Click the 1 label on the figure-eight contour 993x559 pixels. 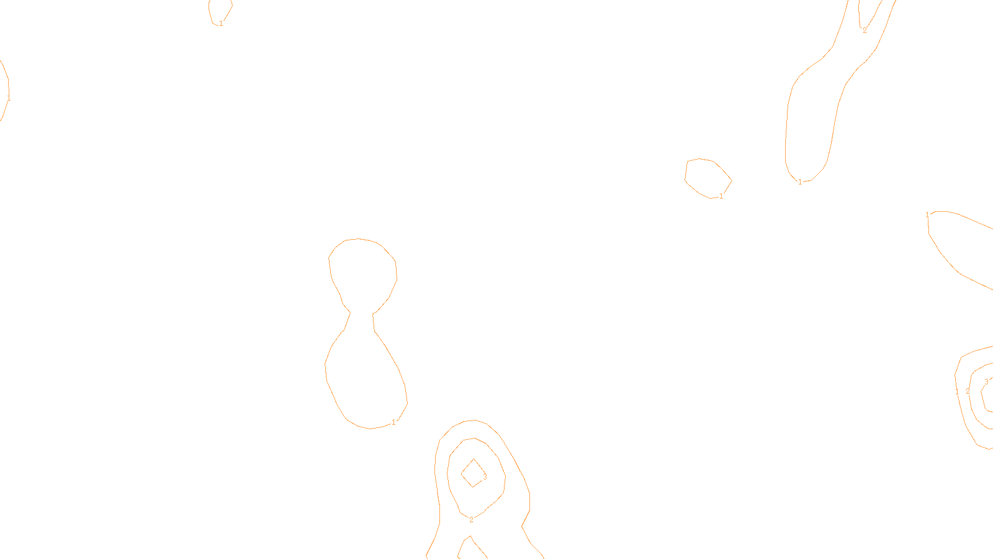(x=393, y=422)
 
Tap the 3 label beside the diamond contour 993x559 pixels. (x=485, y=477)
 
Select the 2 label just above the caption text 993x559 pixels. (x=471, y=520)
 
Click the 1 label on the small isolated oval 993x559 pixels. (x=721, y=196)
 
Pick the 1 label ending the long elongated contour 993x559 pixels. (x=800, y=182)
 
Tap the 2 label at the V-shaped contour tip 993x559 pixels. (x=865, y=30)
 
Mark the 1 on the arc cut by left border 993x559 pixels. (x=9, y=98)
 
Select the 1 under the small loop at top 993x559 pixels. (x=221, y=24)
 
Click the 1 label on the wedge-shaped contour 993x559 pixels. (x=928, y=215)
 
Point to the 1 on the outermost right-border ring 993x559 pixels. (x=957, y=391)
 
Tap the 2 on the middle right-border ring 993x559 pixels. (x=968, y=391)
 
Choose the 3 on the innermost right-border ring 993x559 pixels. (x=986, y=382)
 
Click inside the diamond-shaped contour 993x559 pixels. (x=473, y=473)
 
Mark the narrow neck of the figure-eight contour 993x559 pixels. (x=361, y=314)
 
